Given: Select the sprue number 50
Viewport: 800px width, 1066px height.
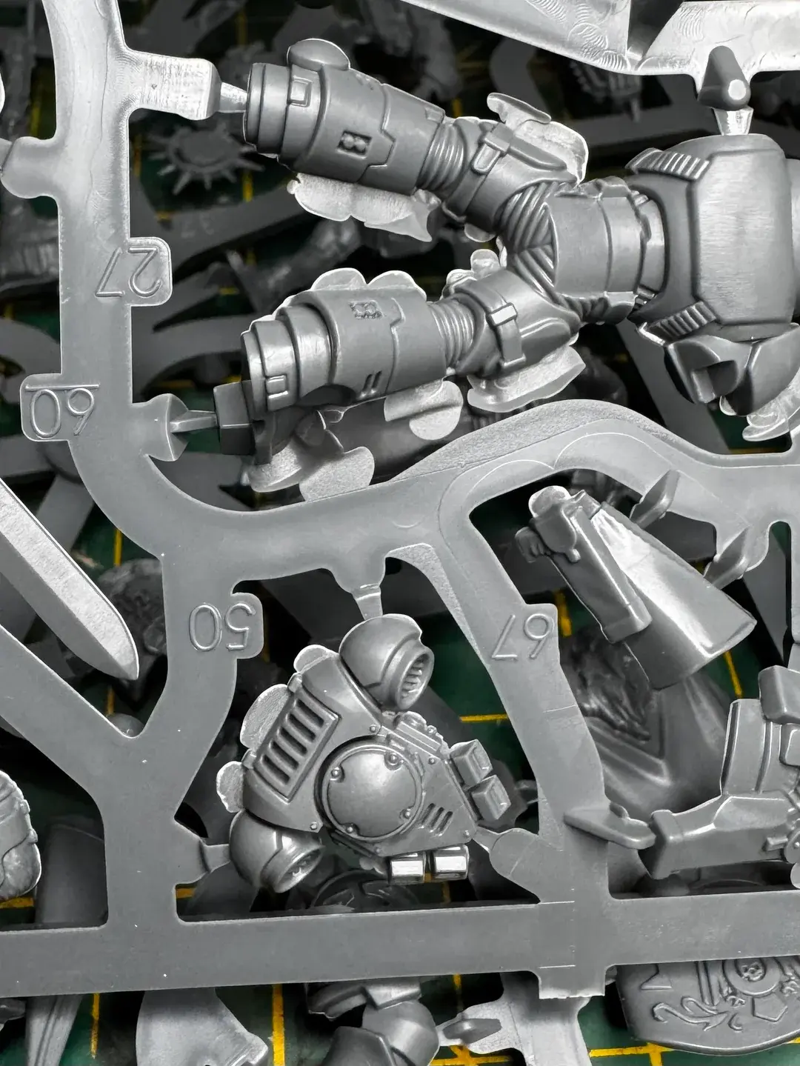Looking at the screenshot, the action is click(223, 627).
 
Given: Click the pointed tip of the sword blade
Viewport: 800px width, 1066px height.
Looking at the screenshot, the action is click(133, 677).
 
